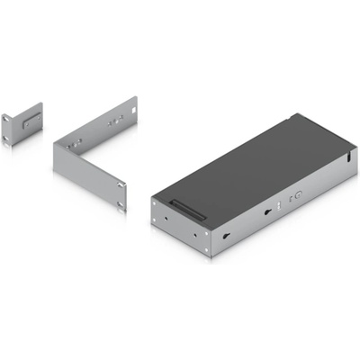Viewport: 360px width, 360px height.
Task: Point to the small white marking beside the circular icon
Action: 290,195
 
